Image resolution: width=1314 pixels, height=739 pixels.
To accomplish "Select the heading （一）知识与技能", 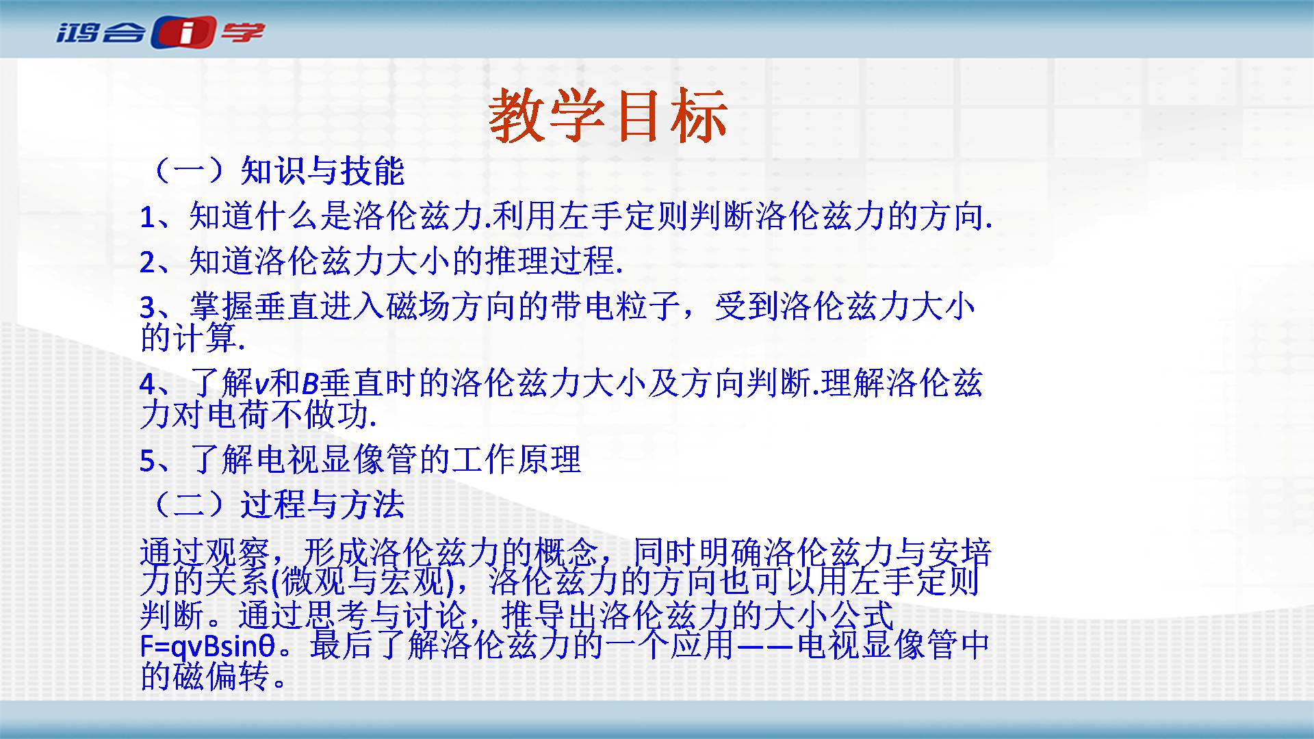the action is (274, 171).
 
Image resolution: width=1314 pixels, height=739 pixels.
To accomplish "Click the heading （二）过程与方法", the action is (274, 505).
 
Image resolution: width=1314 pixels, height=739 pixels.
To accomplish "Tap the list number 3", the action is (148, 308).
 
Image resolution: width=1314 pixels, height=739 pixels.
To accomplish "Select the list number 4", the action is (149, 385).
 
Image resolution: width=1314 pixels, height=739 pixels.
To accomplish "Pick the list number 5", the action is (148, 461).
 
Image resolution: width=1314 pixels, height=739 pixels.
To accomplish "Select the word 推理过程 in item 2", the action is (550, 262).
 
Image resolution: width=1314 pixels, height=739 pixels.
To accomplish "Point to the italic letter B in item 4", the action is (309, 384).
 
